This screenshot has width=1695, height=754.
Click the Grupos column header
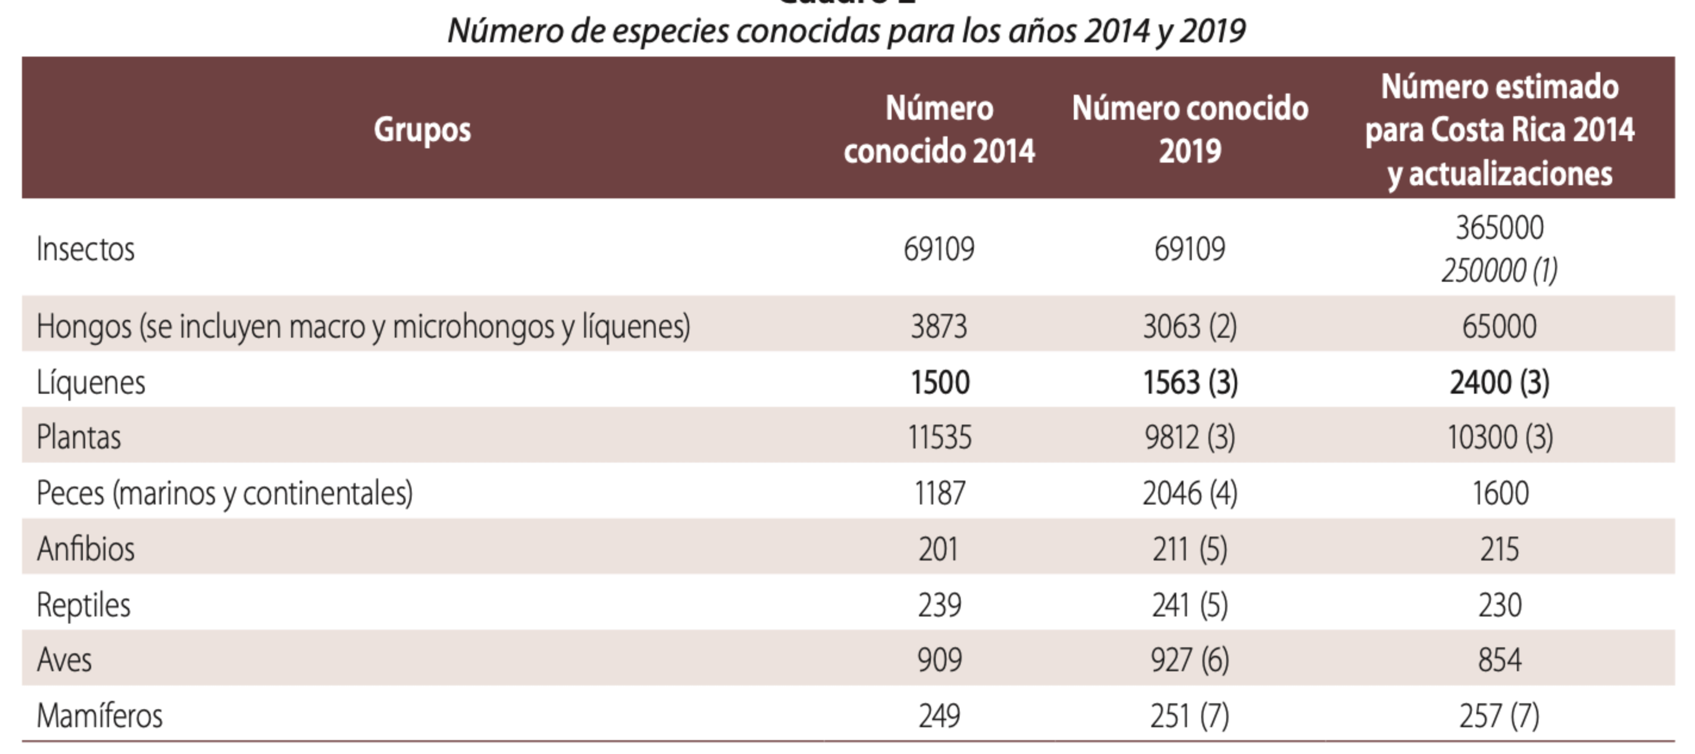422,129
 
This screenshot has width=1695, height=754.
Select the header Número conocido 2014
939,129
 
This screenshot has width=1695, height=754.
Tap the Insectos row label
86,249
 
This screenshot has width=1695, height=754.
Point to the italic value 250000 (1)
1499,270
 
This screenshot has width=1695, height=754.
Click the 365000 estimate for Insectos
1499,228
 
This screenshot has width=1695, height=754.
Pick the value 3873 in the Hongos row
939,326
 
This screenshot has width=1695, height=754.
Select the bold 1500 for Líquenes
940,382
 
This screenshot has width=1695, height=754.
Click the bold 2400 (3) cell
1499,382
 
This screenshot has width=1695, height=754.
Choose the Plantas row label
79,437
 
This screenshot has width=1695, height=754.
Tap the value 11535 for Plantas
940,437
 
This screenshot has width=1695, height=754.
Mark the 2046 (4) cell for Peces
1190,493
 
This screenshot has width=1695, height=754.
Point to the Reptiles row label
83,605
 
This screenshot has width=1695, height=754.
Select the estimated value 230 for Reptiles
1500,605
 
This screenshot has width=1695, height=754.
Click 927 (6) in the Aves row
1190,660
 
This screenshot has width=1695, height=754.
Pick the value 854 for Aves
1500,660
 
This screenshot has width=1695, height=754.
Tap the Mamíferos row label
99,716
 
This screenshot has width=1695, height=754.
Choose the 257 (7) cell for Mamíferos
1499,716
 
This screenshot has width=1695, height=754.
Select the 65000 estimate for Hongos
1499,326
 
